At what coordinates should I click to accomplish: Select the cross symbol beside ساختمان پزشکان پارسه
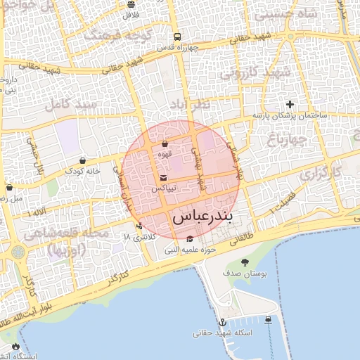290,104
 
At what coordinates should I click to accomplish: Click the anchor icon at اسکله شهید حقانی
223,321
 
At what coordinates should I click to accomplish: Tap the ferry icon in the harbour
269,321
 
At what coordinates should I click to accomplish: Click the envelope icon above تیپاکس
164,178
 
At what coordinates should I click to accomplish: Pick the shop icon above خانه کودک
83,160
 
